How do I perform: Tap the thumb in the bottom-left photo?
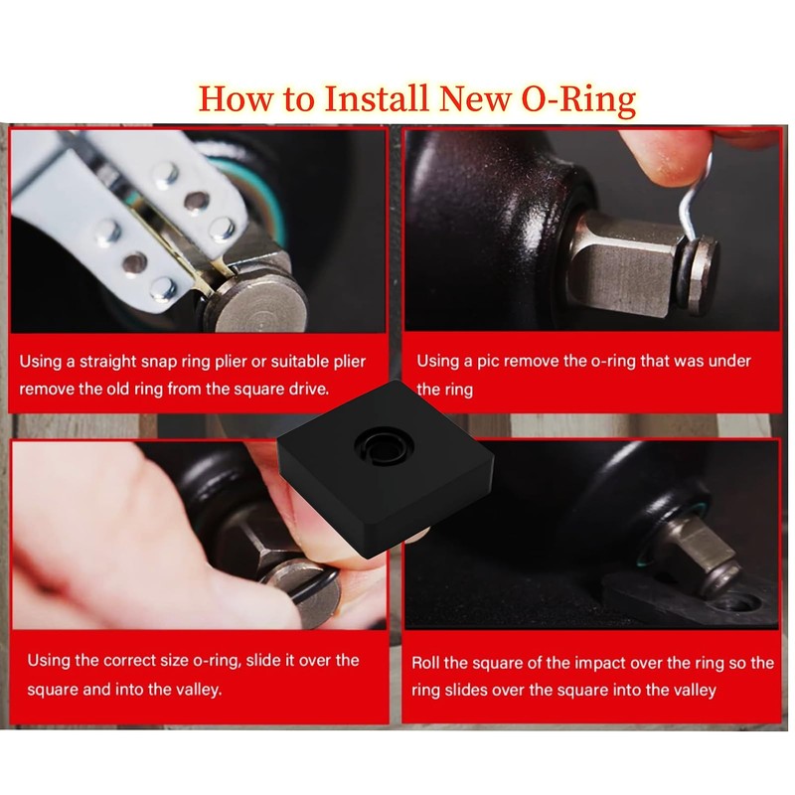(89, 556)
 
